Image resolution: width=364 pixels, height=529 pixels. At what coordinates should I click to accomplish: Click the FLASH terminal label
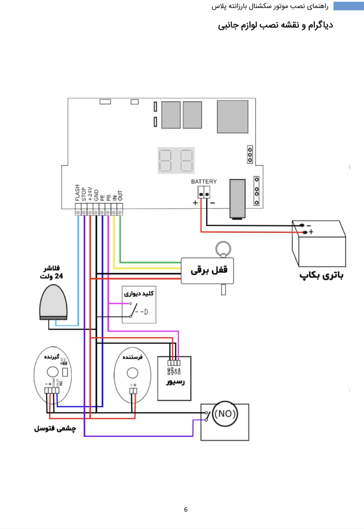(x=78, y=193)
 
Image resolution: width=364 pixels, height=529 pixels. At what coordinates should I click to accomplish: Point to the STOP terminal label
(x=84, y=194)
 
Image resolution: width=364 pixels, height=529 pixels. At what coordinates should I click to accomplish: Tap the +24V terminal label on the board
(x=90, y=194)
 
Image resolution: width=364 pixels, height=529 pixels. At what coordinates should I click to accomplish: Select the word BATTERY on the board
(x=204, y=182)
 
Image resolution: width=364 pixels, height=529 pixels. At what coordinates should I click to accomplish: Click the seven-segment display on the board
(x=176, y=160)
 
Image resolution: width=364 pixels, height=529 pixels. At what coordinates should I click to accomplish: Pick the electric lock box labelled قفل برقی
(x=207, y=270)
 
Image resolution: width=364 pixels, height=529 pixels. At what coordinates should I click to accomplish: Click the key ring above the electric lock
(x=223, y=249)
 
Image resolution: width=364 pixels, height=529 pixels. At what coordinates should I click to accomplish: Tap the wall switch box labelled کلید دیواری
(x=139, y=304)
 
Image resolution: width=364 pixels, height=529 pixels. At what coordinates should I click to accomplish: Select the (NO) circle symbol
(x=225, y=414)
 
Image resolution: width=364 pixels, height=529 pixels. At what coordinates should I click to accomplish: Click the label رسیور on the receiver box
(x=176, y=381)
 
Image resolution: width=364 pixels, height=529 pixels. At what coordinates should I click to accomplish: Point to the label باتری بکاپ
(x=321, y=276)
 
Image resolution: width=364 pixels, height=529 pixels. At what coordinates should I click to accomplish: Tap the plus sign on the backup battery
(x=311, y=232)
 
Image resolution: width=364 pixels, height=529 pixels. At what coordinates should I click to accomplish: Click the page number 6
(x=186, y=510)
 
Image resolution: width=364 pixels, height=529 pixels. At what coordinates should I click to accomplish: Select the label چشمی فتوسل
(x=55, y=429)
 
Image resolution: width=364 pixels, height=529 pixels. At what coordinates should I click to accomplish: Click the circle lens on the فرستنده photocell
(x=132, y=373)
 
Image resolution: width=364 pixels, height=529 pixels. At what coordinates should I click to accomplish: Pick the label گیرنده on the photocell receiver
(x=52, y=357)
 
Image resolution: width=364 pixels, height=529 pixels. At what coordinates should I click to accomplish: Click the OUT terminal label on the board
(x=120, y=195)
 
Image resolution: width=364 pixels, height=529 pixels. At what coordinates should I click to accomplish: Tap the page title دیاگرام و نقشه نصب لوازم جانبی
(x=275, y=25)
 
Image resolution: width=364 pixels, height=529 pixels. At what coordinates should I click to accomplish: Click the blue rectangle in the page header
(x=348, y=6)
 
